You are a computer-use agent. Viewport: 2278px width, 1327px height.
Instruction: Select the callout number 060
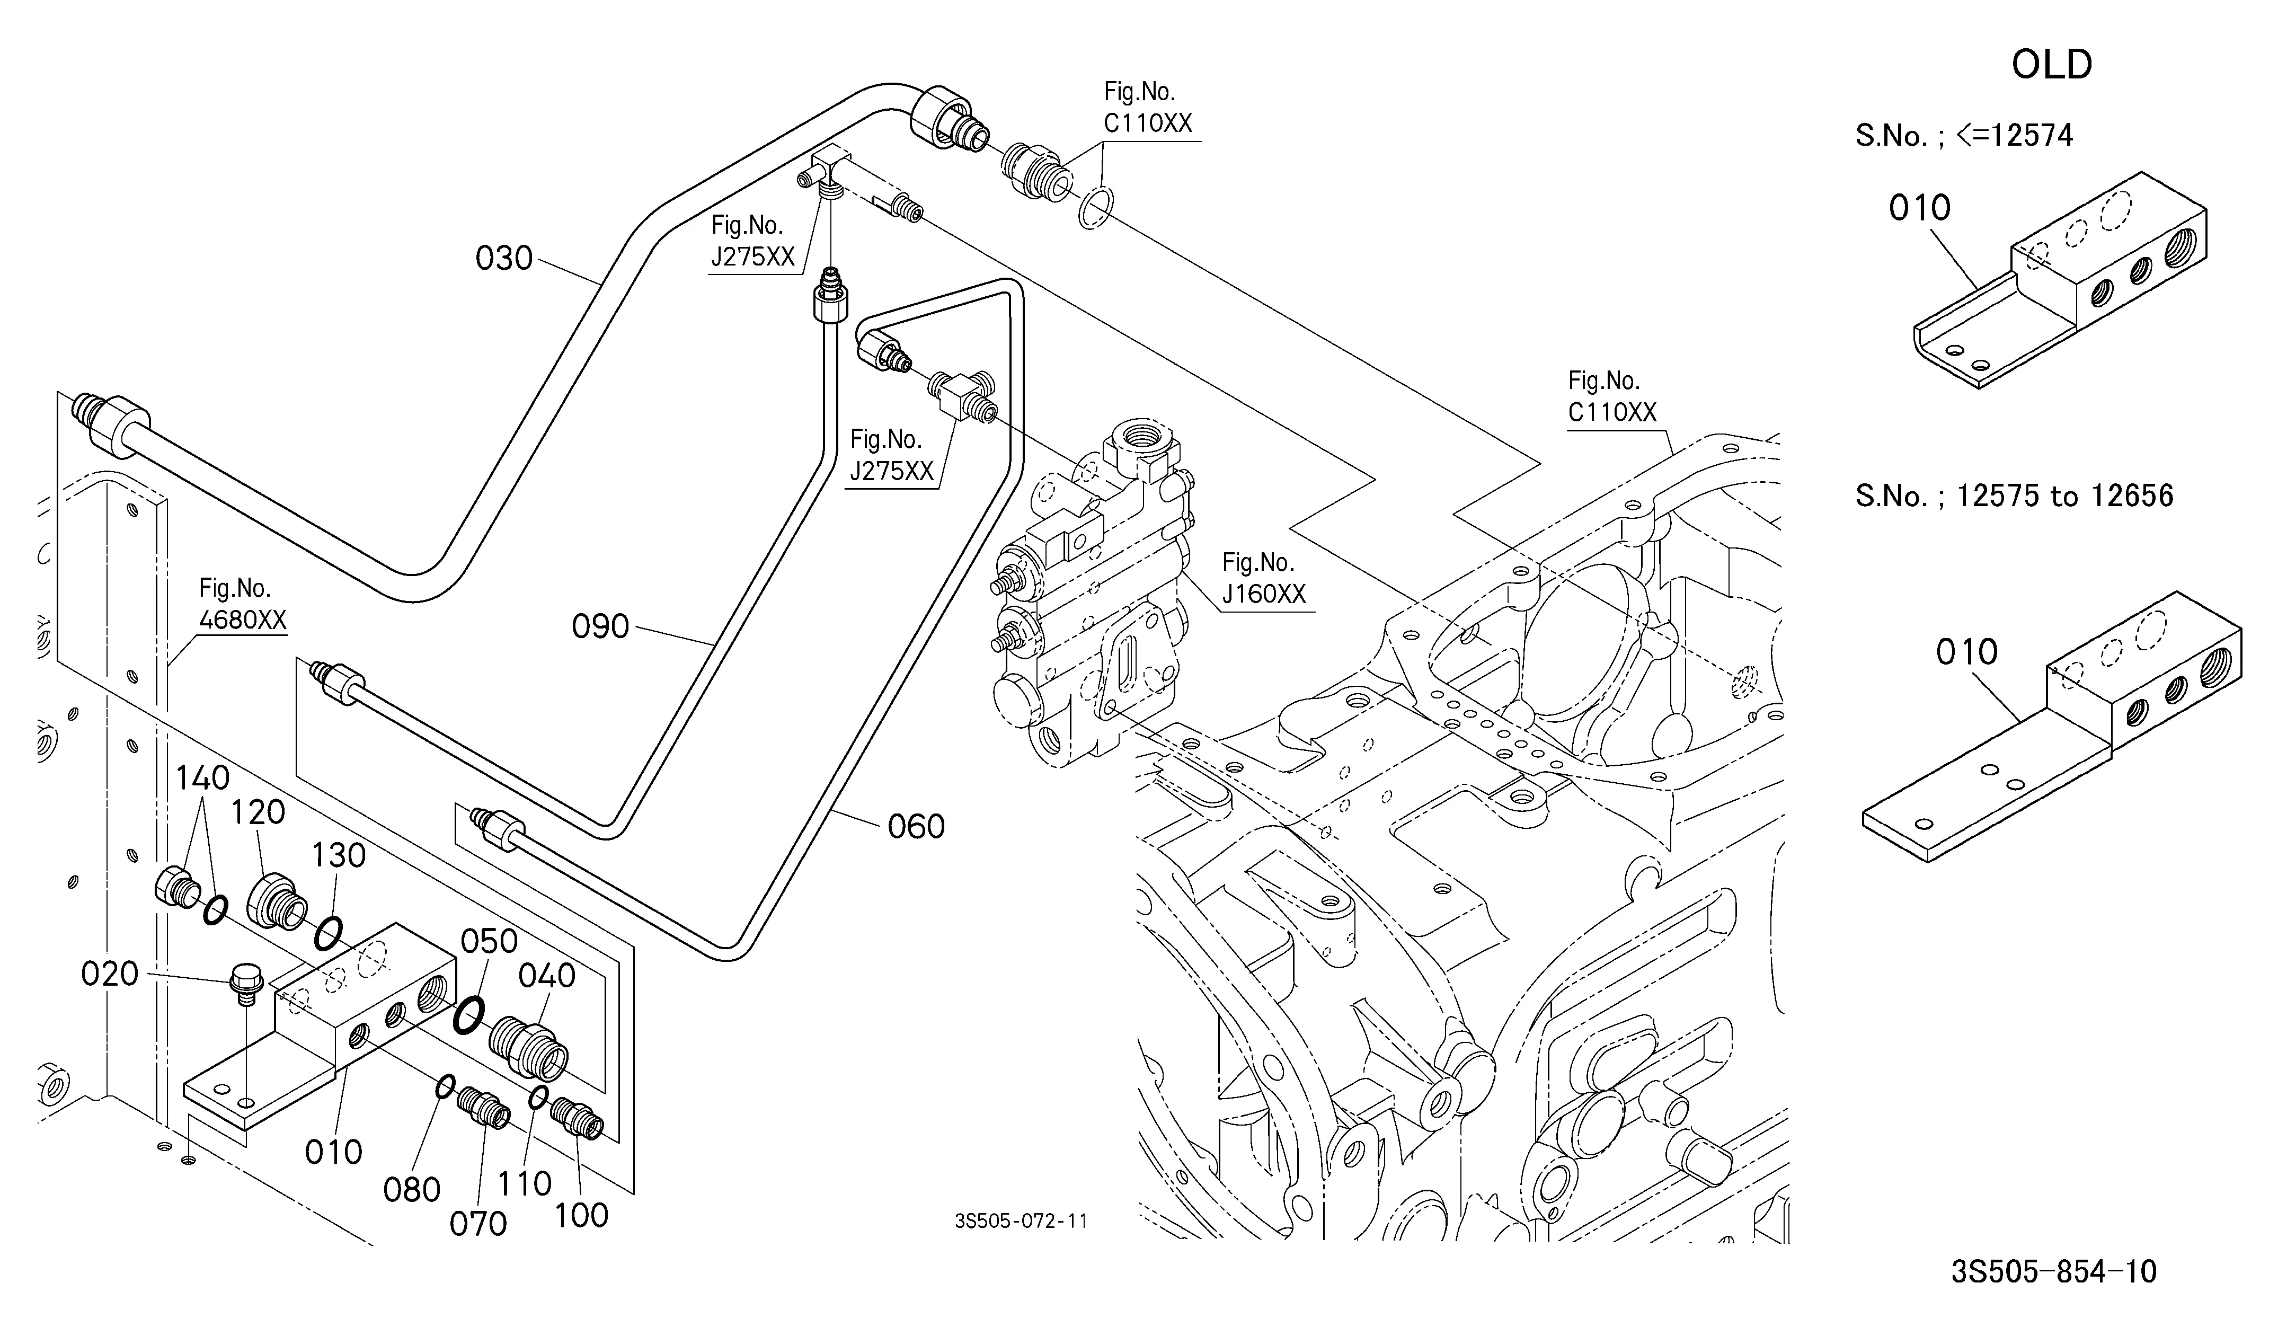pos(916,826)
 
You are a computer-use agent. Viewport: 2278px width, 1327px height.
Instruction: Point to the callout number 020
pos(109,974)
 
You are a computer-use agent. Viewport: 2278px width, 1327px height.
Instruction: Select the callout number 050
pos(489,941)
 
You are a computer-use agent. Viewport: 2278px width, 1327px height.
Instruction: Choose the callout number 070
pos(478,1224)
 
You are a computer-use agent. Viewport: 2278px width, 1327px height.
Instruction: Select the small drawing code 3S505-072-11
pos(1021,1221)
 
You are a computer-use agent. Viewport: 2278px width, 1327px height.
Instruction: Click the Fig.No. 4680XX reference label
pos(241,605)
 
